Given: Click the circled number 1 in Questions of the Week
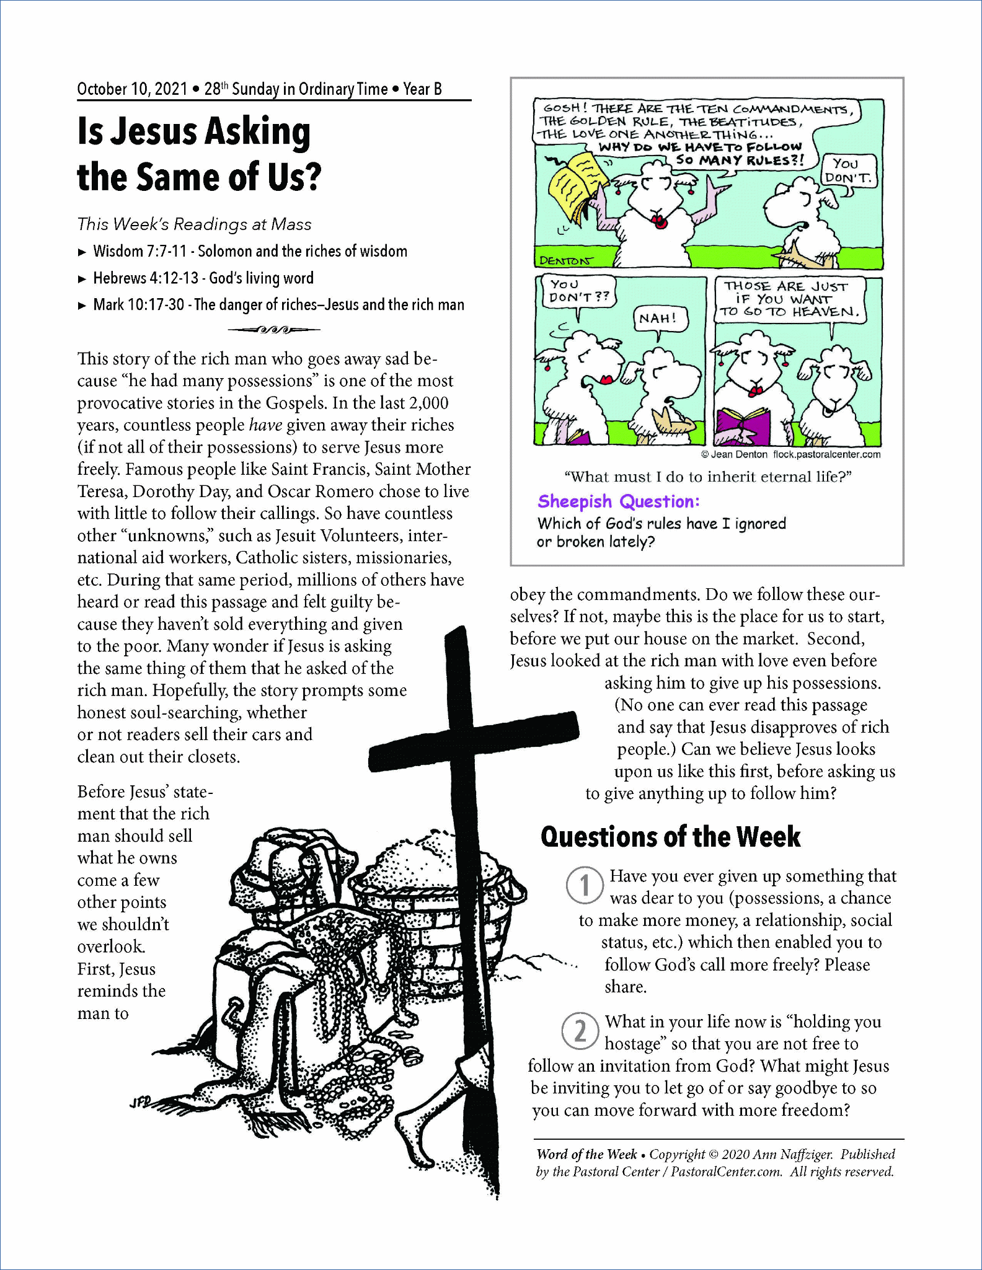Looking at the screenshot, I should [584, 886].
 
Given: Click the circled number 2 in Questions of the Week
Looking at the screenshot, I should [580, 1031].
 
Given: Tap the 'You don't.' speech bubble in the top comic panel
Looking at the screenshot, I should [847, 170].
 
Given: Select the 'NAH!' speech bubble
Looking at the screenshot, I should [658, 319].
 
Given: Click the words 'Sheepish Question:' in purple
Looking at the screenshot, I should [618, 501].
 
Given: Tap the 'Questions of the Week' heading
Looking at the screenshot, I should [670, 837].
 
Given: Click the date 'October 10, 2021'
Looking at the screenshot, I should [132, 89].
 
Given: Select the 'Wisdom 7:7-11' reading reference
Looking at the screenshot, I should [139, 251].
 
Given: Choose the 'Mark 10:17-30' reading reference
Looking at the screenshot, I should [138, 304].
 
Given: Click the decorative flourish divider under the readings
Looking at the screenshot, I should [273, 330].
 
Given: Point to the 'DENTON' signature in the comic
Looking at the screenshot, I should [565, 260].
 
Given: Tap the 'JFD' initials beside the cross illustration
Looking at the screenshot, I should [139, 1102].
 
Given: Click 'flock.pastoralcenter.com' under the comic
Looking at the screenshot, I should [826, 454].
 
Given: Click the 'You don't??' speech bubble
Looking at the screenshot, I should [578, 291].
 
